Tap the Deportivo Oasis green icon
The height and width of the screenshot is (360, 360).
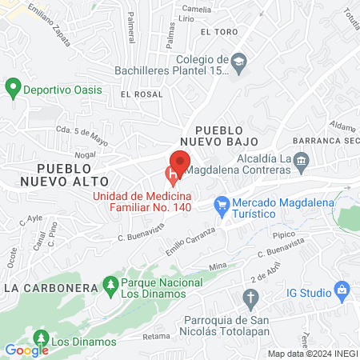point(13,88)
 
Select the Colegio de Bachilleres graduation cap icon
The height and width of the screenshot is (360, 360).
point(238,61)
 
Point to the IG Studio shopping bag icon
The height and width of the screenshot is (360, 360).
point(342,288)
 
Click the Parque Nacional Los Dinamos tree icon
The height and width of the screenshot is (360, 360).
point(110,284)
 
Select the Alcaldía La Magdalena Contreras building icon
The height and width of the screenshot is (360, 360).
point(301,163)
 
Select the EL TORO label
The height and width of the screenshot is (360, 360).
point(219,31)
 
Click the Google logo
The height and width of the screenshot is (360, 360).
point(26,350)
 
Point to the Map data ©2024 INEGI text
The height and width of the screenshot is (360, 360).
point(311,354)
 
